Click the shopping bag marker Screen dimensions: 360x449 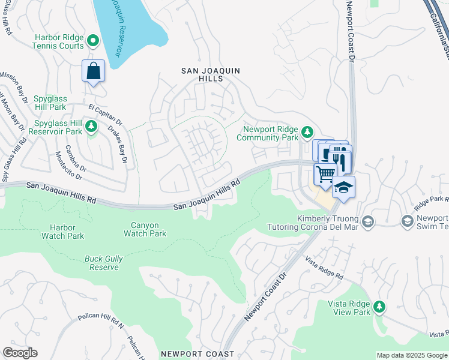point(94,71)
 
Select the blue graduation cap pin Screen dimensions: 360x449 point(343,188)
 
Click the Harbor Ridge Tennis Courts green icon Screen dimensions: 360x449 point(93,41)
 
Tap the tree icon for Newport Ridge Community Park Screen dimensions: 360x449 point(307,131)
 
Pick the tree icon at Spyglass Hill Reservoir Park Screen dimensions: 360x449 point(91,126)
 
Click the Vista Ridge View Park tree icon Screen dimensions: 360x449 point(379,307)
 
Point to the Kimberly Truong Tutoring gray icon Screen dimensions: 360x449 point(367,223)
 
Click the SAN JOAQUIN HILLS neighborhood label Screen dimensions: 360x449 point(211,74)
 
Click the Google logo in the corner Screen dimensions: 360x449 point(20,353)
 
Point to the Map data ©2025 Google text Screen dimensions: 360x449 point(411,355)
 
